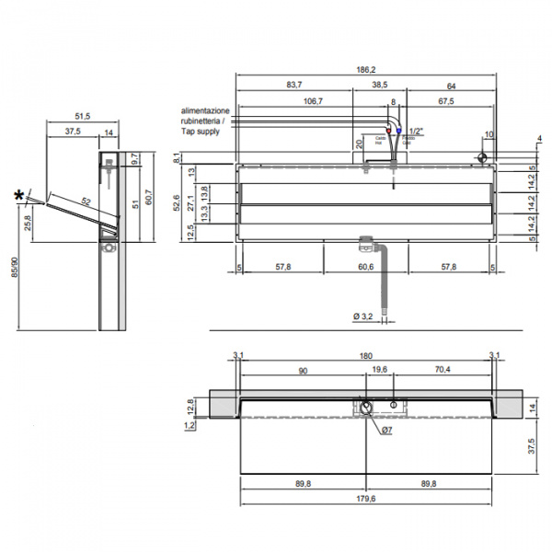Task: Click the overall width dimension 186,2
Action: [367, 69]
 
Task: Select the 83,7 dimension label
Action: [293, 85]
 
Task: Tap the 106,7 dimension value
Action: [313, 101]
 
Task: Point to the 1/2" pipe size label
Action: [416, 132]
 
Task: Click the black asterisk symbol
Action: [19, 195]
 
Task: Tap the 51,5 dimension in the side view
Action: [82, 117]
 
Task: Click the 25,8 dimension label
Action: [27, 222]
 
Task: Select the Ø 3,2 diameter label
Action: [362, 317]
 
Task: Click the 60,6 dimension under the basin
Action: [366, 267]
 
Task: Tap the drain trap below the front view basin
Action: [368, 244]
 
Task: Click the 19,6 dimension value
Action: [379, 370]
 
